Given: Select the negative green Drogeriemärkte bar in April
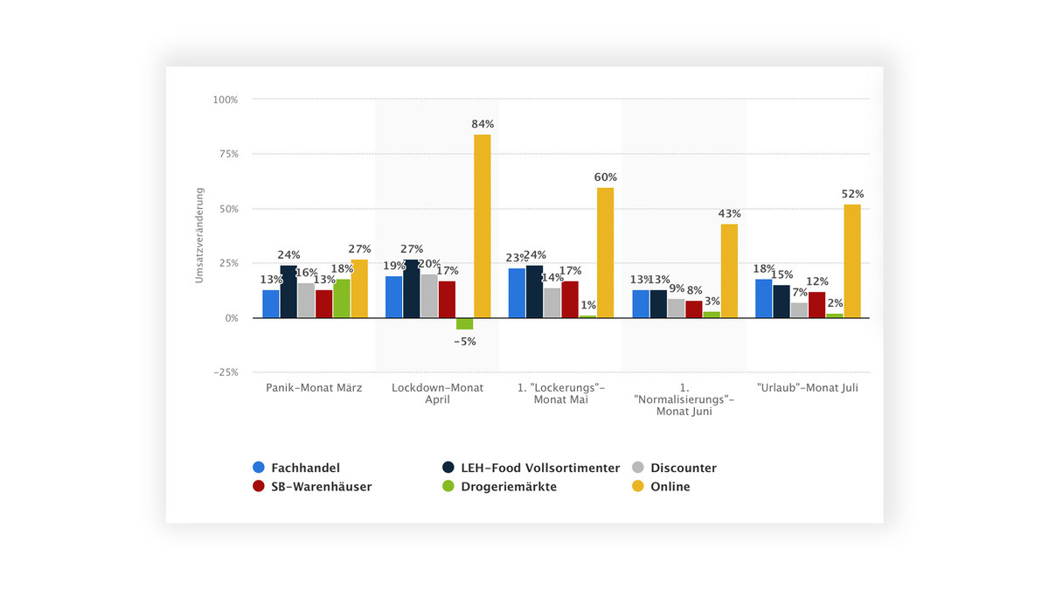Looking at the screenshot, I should coord(464,323).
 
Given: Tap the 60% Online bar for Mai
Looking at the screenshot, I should coord(605,253).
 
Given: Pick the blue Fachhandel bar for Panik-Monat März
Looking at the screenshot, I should coord(271,303).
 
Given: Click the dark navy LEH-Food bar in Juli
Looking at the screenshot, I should coord(782,302).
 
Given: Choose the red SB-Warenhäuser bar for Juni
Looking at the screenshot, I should coord(693,309).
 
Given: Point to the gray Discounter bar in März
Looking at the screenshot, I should coord(306,300).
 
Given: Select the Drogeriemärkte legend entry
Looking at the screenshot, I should coord(509,487).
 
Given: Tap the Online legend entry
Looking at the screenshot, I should coord(670,487).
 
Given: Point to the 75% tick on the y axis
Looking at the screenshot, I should coord(226,154).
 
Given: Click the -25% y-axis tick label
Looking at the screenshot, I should coord(224,372).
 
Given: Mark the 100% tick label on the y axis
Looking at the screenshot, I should coord(225,100).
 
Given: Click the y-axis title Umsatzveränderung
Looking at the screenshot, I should coord(200,233).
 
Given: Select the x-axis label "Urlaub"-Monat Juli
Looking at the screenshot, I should coord(808,388).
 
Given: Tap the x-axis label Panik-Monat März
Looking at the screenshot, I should coord(315,388).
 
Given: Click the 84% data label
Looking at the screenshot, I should coord(483,124).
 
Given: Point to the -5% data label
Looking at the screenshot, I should coord(465,342).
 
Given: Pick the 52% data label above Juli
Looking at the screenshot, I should coord(853,194).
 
